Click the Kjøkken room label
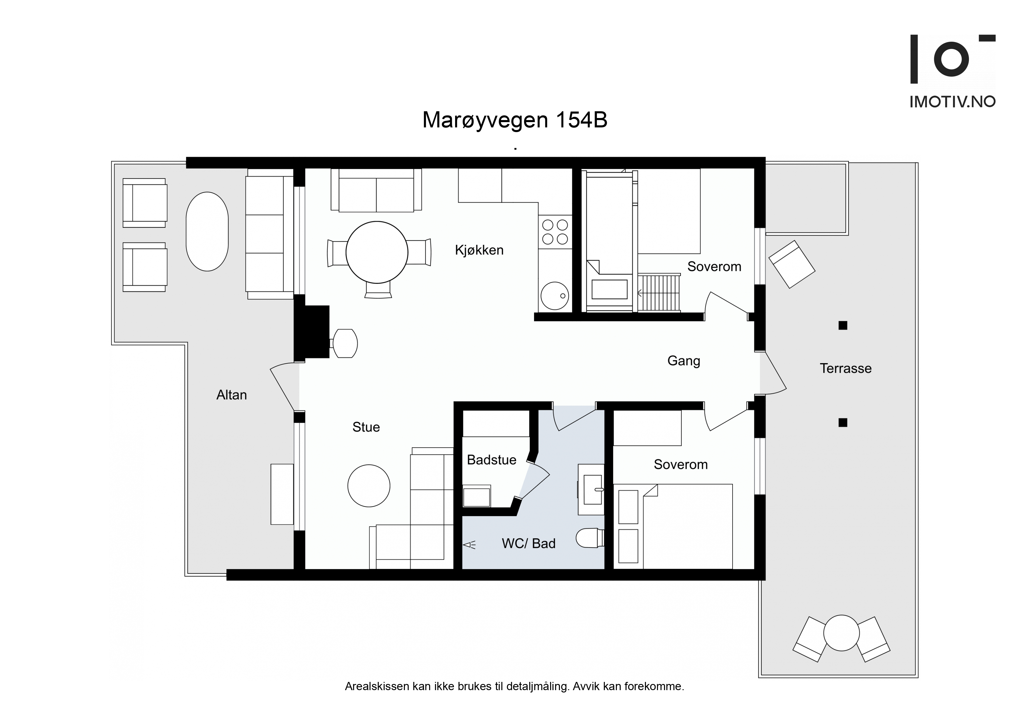(479, 250)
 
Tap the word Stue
(366, 427)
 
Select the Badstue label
(492, 460)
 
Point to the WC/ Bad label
(529, 544)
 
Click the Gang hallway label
(684, 361)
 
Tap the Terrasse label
(846, 368)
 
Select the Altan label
(231, 395)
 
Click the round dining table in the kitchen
(377, 252)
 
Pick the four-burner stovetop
(555, 232)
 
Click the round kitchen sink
(555, 296)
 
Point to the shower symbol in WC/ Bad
(469, 545)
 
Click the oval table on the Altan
(207, 231)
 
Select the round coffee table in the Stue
(369, 486)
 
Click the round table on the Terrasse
(841, 633)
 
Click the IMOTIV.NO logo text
(952, 102)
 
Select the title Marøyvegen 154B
(515, 120)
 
